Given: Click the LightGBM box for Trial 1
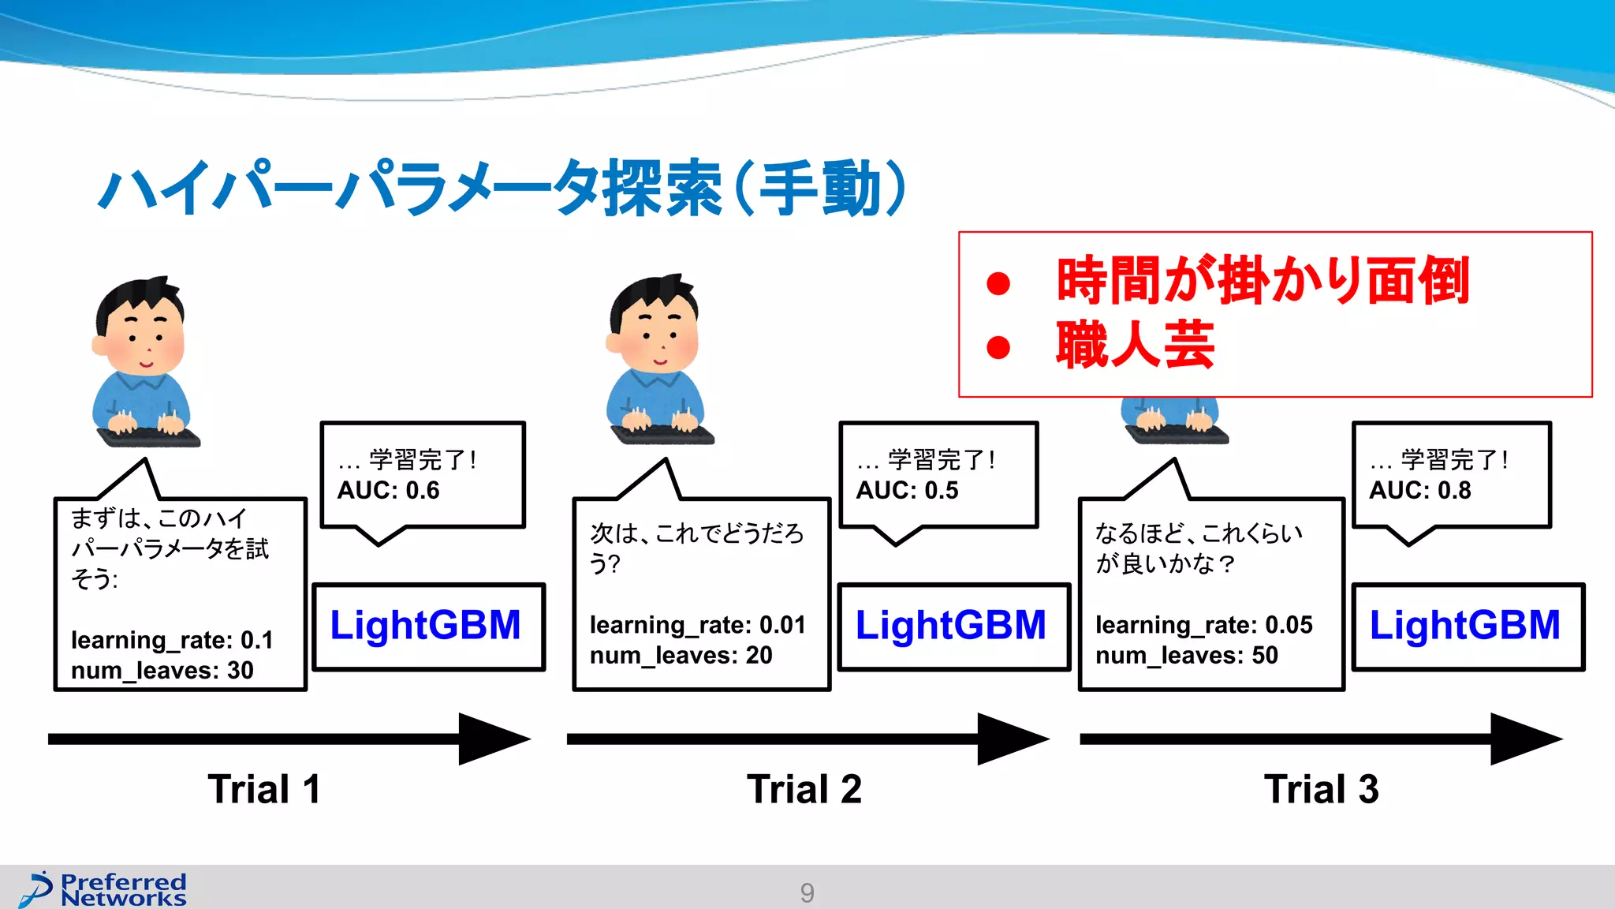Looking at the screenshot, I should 428,627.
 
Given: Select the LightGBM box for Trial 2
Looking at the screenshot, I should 953,627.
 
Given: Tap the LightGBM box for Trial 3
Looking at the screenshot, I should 1467,627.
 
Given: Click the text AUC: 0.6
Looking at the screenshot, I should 389,491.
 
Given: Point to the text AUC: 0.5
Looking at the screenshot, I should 907,491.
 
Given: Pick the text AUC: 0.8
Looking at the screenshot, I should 1419,491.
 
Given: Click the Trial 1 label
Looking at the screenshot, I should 264,789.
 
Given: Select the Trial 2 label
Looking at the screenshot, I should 804,789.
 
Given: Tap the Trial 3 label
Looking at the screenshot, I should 1322,789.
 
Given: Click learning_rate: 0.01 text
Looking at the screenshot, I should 698,626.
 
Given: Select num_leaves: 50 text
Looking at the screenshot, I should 1187,656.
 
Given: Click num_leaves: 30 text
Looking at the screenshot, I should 162,671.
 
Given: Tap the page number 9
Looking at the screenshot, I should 807,892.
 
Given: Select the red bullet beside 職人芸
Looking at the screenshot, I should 998,347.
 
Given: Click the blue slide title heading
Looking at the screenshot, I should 502,189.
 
